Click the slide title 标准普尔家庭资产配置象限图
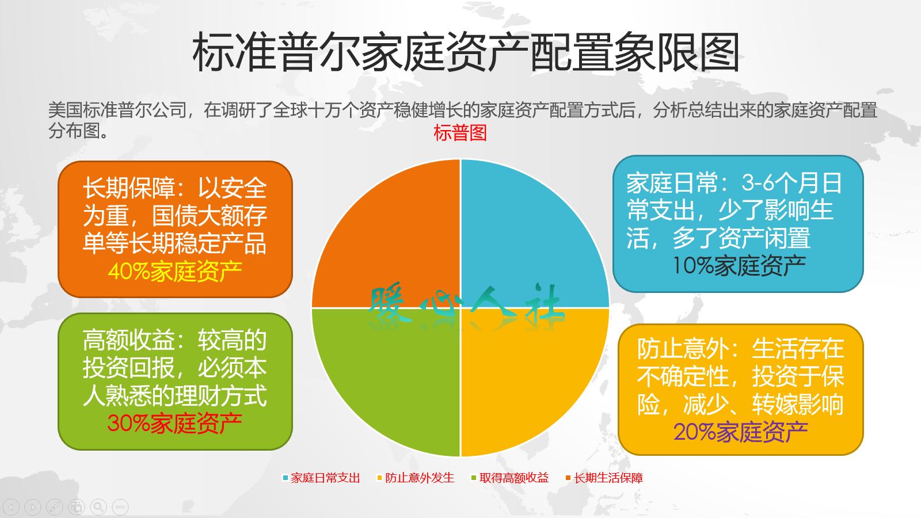pos(466,53)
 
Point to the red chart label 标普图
pos(460,133)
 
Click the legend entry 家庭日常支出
pos(325,478)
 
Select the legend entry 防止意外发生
pos(420,478)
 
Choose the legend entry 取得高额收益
pos(514,478)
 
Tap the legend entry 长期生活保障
pos(608,478)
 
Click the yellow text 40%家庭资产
pos(175,272)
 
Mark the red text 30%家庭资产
pos(175,424)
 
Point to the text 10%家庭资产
pos(739,266)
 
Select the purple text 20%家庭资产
pos(741,432)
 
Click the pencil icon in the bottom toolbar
pos(55,507)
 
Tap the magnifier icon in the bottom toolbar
pos(98,507)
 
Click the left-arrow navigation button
pos(12,507)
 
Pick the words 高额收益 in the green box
pos(129,340)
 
